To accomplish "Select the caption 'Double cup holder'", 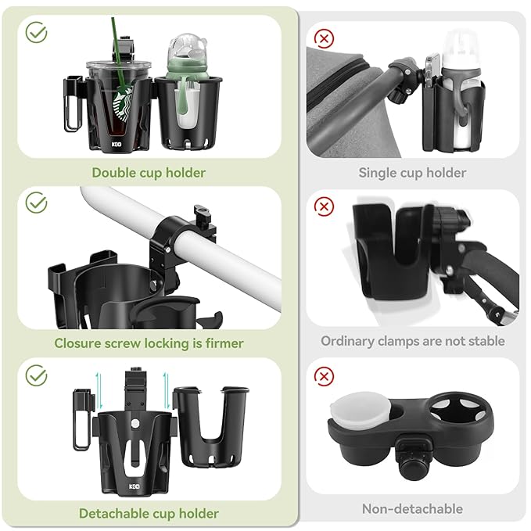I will (149, 173).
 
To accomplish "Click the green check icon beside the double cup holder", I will (36, 33).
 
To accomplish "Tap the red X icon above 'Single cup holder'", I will (323, 37).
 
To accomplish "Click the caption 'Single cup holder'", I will (412, 173).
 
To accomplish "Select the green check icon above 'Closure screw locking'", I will (36, 203).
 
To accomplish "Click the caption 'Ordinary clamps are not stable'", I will (412, 341).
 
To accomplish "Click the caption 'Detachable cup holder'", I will (149, 514).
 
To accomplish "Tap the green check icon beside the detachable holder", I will (36, 375).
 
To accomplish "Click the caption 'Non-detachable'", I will (412, 509).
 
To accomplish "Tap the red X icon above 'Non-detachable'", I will (323, 376).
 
